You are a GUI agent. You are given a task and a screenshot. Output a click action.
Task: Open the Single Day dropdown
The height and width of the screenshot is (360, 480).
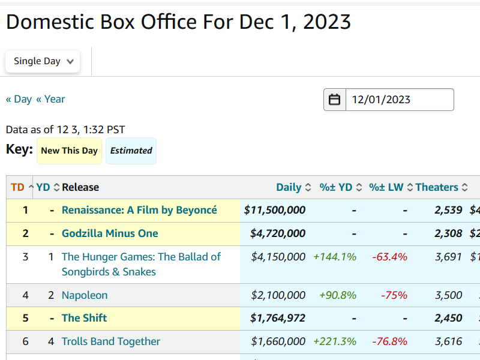(x=43, y=61)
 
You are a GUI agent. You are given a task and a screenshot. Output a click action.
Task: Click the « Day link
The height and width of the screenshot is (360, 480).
(x=19, y=99)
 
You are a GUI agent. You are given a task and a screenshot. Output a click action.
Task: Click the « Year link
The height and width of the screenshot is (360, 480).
(x=50, y=99)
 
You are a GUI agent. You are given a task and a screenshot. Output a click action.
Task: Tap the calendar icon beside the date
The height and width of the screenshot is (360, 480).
(x=335, y=100)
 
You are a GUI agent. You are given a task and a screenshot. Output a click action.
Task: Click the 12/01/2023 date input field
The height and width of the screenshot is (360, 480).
(x=399, y=100)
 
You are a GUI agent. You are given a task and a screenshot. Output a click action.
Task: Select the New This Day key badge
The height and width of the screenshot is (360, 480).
(x=69, y=151)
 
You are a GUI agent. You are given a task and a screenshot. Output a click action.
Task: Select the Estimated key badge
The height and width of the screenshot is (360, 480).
(x=131, y=151)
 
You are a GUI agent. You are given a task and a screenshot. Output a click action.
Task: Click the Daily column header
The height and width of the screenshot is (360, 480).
(x=289, y=187)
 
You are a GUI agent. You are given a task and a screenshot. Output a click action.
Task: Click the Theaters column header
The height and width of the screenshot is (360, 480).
(x=437, y=187)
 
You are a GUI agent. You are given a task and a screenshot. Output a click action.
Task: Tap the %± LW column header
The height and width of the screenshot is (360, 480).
(x=386, y=187)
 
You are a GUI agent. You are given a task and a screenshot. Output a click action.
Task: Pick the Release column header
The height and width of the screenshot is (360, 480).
(x=80, y=187)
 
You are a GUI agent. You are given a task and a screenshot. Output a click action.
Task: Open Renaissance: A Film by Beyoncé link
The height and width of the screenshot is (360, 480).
(x=139, y=210)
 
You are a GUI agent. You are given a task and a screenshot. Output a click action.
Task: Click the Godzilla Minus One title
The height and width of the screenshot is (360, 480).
(x=110, y=233)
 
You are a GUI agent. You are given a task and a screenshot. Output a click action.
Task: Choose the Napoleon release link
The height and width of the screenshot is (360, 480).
(x=85, y=295)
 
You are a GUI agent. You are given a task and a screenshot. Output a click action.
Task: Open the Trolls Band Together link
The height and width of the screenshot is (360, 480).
(x=111, y=341)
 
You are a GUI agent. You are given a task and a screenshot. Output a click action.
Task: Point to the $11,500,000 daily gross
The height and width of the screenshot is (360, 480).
(x=275, y=210)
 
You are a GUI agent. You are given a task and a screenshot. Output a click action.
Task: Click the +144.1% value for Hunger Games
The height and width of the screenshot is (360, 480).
(x=335, y=257)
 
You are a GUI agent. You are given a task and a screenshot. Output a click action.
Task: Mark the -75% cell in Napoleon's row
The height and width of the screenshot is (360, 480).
(x=394, y=295)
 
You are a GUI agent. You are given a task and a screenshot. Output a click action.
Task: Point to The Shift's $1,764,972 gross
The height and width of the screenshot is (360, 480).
(x=278, y=318)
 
